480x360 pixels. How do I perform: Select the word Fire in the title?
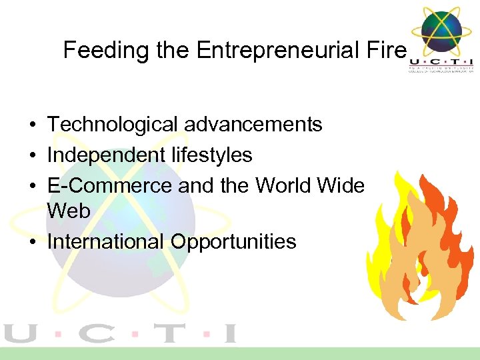point(387,51)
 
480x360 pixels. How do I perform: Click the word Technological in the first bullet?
point(112,125)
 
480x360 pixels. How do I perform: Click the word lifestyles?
point(211,155)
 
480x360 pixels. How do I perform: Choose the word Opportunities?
point(233,241)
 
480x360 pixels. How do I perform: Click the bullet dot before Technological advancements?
point(32,125)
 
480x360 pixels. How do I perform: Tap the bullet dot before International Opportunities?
point(32,242)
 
